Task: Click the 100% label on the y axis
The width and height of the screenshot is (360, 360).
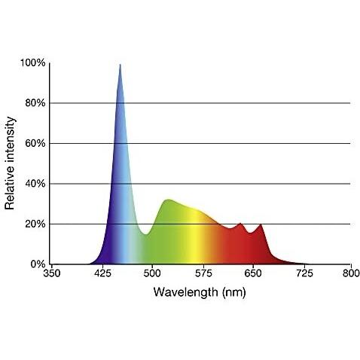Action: point(34,63)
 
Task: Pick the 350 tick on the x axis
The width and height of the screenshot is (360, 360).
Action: point(51,276)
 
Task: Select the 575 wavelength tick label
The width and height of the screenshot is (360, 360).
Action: point(202,276)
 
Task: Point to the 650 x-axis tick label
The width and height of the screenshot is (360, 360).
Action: point(252,276)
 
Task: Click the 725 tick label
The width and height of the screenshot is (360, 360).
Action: point(301,276)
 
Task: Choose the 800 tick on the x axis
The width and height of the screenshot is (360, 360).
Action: point(350,276)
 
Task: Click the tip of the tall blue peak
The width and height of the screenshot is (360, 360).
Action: point(120,65)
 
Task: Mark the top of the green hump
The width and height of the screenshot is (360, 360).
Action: point(167,200)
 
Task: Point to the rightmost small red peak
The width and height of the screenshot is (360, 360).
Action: point(261,224)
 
